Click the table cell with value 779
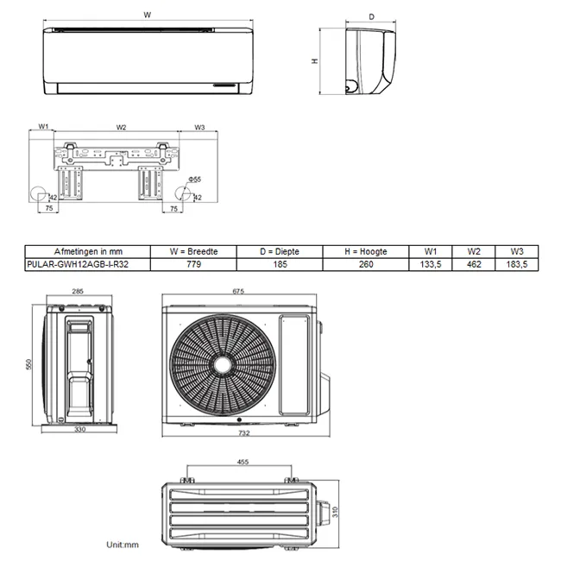tap(194, 265)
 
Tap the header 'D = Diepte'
tap(280, 251)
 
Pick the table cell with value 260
tap(366, 265)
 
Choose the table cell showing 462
tap(474, 265)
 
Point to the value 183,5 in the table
tap(516, 265)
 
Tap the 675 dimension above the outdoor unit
tap(238, 292)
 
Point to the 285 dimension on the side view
tap(79, 292)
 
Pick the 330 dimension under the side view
tap(79, 429)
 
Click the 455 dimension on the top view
tap(243, 462)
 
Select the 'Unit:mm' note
tap(123, 545)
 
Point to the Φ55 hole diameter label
tap(196, 180)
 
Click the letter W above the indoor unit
tap(148, 15)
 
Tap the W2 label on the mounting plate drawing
tap(121, 127)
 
